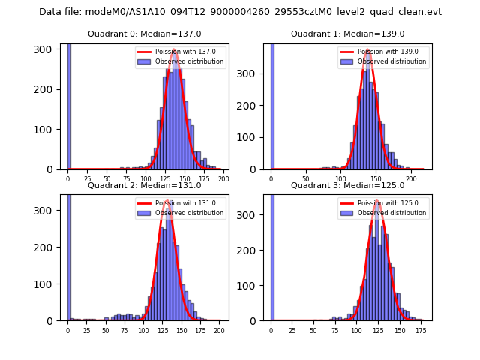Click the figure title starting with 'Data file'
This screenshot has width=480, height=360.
(240, 12)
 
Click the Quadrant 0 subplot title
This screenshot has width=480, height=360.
(145, 34)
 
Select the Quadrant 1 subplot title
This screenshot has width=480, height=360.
(347, 34)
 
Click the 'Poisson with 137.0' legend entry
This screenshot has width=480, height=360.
(180, 52)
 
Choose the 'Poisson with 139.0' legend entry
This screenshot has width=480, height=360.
(384, 52)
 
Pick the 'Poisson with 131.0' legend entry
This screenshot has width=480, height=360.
(180, 203)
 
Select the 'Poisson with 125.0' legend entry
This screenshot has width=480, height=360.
(384, 203)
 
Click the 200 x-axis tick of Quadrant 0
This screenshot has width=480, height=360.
(223, 179)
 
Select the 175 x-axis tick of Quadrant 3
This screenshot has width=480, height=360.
(421, 330)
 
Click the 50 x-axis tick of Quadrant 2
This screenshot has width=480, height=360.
(106, 330)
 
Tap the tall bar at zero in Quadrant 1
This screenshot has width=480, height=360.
(272, 105)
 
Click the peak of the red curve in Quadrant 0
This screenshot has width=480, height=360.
(175, 50)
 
